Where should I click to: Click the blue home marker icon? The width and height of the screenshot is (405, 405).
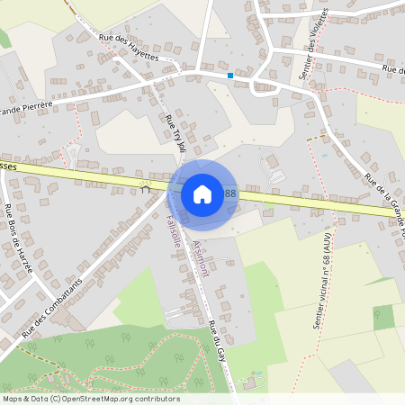point(202,194)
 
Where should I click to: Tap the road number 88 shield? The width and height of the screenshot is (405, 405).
point(230,193)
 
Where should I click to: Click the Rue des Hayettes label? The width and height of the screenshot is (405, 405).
point(128,47)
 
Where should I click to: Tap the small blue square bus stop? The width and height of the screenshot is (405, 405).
point(230,76)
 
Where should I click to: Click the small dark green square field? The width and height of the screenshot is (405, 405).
point(383,317)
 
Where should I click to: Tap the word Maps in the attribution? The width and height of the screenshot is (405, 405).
point(13,399)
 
